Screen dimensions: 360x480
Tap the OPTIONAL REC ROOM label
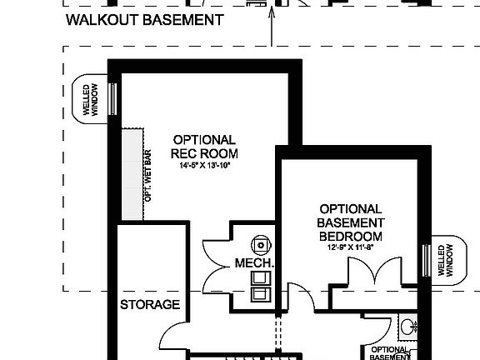click(204, 147)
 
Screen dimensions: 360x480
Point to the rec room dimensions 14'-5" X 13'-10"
click(204, 166)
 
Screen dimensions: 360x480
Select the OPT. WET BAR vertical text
click(147, 175)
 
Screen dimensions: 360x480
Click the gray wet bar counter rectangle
click(132, 174)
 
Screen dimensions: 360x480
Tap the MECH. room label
click(254, 263)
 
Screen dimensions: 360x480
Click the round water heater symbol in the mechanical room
click(263, 244)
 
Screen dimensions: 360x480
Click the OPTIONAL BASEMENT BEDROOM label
click(351, 222)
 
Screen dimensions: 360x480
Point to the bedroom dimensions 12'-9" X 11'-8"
click(351, 246)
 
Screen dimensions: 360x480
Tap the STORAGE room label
click(151, 304)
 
